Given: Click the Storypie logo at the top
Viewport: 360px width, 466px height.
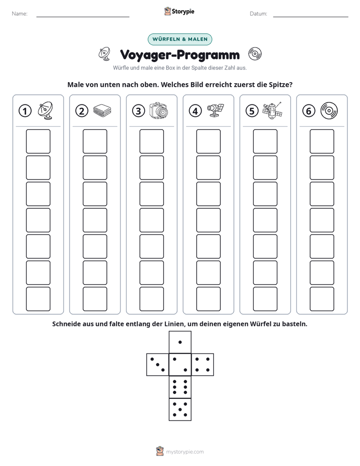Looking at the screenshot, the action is (179, 11).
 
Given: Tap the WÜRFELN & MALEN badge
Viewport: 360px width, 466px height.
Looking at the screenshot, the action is (180, 39).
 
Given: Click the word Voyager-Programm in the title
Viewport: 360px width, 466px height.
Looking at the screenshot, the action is (179, 55).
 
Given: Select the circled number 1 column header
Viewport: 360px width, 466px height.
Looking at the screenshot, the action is (25, 111).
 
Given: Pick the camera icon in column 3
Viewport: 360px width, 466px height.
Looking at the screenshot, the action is (159, 111).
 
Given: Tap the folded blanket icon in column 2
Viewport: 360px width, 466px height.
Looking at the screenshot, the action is (102, 111).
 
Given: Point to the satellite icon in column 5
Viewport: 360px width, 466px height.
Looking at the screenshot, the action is (272, 111).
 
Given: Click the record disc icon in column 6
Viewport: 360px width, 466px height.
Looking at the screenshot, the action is (329, 111).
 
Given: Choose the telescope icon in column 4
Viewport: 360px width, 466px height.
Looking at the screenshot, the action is (215, 110).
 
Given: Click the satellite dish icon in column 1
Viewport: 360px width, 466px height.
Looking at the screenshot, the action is (45, 110).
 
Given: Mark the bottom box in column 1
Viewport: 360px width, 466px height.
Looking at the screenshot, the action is (38, 299).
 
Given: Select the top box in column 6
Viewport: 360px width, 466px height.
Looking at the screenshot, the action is (322, 141).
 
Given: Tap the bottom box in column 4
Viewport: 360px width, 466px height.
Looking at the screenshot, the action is (209, 299).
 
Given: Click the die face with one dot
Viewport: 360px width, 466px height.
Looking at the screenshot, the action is (180, 342).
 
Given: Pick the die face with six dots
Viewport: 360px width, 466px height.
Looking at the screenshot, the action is (180, 387).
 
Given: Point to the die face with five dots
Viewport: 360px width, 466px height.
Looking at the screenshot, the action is (180, 410).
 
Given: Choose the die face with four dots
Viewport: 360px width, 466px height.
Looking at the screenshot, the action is (203, 365).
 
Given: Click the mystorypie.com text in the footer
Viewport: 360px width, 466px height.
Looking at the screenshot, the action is (185, 452).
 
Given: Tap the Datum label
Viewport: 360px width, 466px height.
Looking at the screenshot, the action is (259, 14).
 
